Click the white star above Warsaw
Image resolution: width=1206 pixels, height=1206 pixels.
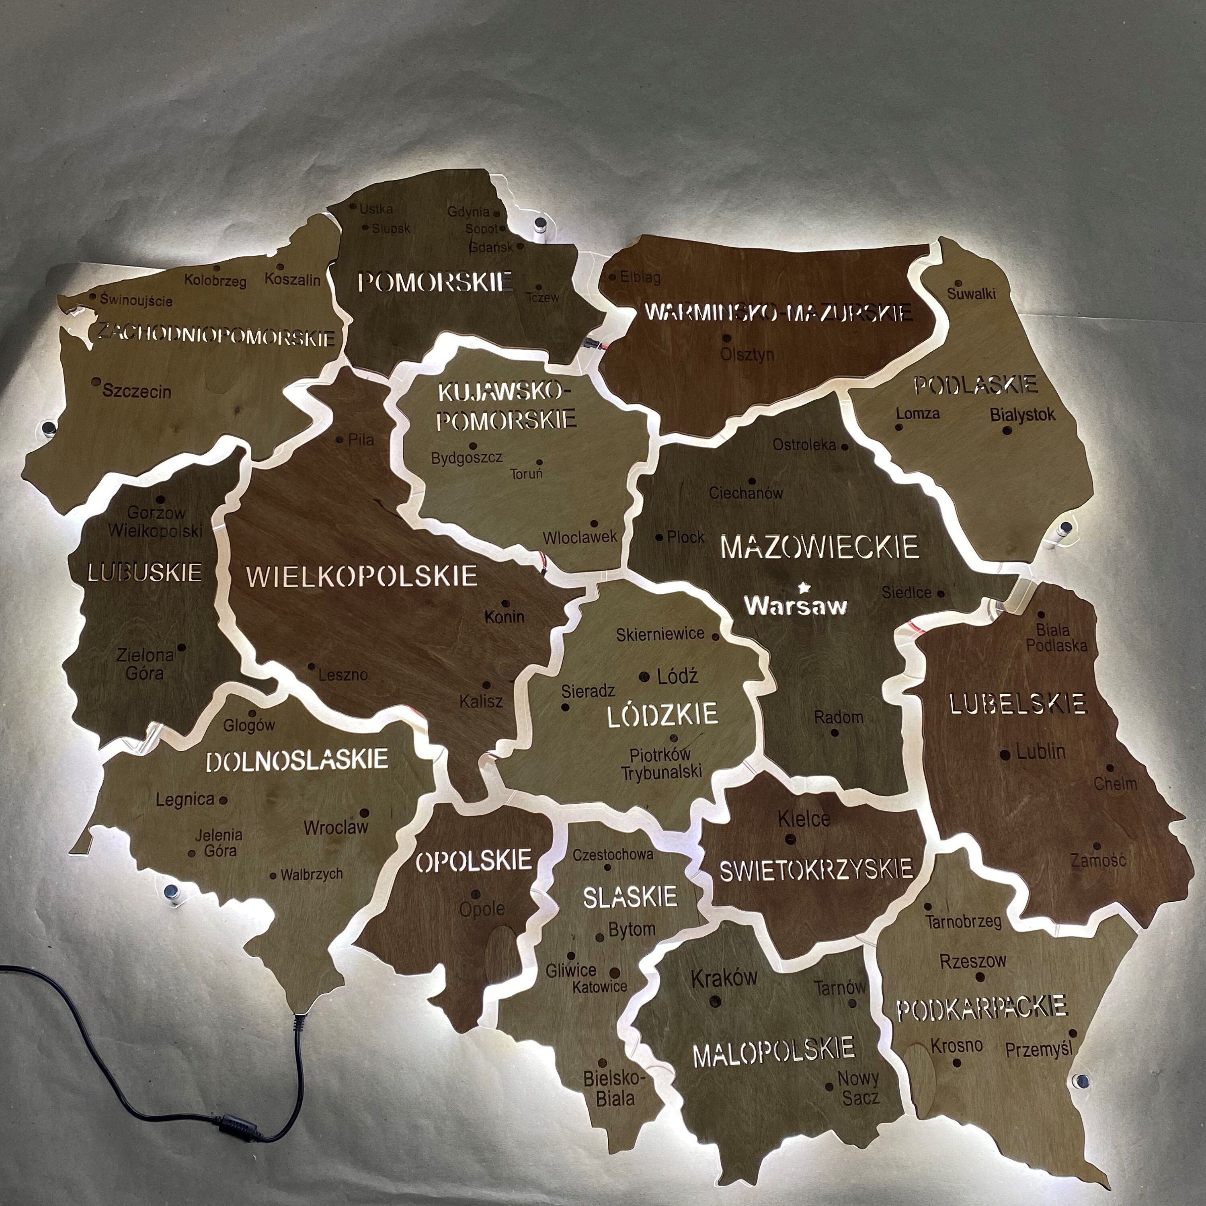[x=803, y=586]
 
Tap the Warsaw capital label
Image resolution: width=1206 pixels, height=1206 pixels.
[x=796, y=605]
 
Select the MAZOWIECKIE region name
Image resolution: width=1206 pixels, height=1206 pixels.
[x=820, y=548]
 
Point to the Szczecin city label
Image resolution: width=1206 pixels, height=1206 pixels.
[x=137, y=392]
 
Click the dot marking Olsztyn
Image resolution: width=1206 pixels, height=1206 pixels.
[x=726, y=338]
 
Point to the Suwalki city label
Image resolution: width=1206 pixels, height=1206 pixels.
[x=971, y=293]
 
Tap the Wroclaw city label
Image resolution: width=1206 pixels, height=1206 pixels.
[x=336, y=828]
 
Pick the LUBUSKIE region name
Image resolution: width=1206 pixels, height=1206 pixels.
[x=145, y=572]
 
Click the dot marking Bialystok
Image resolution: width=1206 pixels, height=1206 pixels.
[x=1006, y=430]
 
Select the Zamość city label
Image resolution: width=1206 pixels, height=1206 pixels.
[x=1099, y=861]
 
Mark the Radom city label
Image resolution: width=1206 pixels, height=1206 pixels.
[x=838, y=717]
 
